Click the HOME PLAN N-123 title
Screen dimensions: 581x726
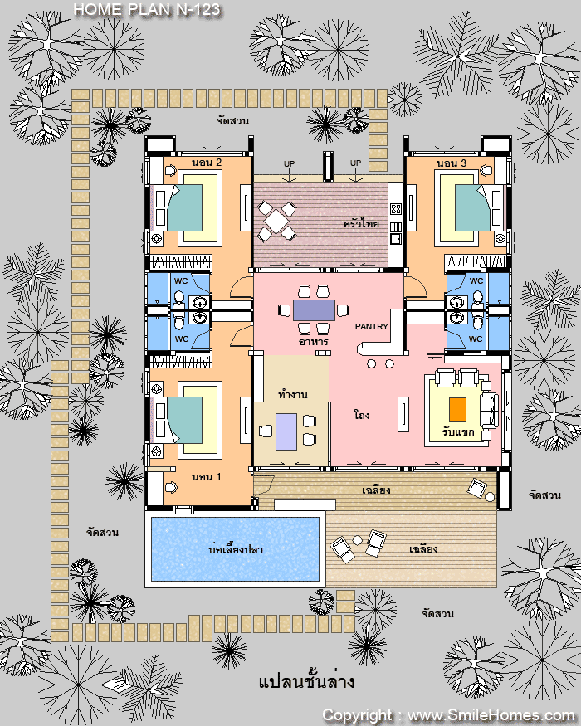click(x=147, y=9)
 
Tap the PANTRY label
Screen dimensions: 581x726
click(x=372, y=326)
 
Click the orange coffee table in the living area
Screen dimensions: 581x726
click(x=458, y=410)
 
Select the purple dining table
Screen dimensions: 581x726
click(x=314, y=309)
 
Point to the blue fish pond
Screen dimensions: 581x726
click(x=236, y=549)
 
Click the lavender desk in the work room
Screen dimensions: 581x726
click(x=286, y=431)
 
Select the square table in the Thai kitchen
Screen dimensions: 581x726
click(x=276, y=222)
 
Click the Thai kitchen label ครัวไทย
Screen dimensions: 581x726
click(x=361, y=224)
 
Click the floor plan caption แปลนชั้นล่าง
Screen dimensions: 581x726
click(x=307, y=681)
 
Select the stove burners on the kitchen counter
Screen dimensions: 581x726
click(x=396, y=209)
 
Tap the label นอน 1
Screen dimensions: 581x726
click(x=207, y=477)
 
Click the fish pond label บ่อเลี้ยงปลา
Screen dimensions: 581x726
click(x=236, y=549)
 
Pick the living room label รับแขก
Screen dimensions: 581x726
click(x=458, y=432)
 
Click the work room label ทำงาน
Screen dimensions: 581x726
click(x=293, y=394)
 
